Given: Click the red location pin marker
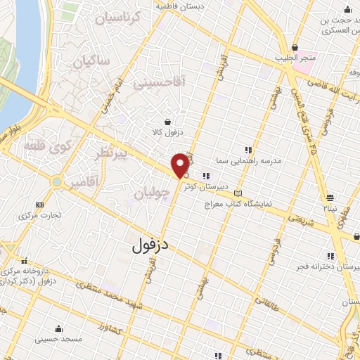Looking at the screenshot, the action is point(180,165).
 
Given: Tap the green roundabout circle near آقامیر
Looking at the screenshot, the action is point(56,182).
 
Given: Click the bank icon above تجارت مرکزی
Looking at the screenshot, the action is point(39,205).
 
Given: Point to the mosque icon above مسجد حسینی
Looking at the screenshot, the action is point(58,328).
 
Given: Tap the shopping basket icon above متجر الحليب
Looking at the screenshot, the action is point(294,48).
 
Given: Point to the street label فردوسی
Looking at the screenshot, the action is point(269,254).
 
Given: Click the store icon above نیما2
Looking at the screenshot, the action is point(330,197).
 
